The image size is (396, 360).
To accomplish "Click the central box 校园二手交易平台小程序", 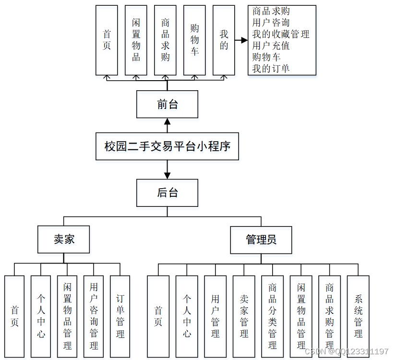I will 167,146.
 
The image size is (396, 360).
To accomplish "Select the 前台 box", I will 167,104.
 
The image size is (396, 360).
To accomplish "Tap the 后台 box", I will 167,193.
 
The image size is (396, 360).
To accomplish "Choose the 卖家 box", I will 64,240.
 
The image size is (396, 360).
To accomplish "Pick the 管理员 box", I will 261,240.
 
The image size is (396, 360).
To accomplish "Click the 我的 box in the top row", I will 224,40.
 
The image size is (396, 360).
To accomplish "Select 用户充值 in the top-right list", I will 271,46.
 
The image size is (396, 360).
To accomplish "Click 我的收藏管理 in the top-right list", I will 281,34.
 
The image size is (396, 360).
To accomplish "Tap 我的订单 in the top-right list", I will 271,69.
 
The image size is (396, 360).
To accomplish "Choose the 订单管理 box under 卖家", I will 120,316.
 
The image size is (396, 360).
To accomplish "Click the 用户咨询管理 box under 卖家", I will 94,316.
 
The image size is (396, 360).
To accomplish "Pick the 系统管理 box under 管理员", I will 358,316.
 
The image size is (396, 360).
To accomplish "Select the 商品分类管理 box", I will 272,316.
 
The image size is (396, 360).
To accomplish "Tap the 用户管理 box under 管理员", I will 215,316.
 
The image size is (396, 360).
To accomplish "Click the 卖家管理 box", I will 244,316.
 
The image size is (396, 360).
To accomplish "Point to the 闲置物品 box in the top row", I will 136,40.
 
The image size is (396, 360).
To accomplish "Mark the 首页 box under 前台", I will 107,40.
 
